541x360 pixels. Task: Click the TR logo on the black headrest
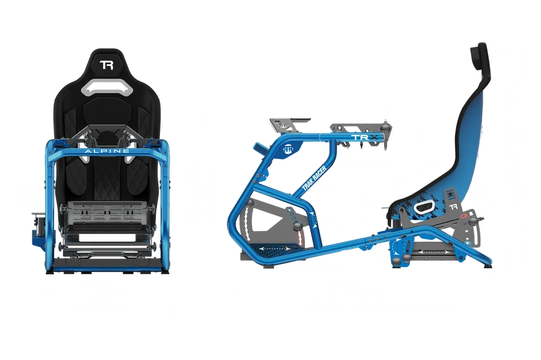106,65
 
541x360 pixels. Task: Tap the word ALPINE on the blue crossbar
107,151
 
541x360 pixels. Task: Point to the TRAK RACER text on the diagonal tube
314,178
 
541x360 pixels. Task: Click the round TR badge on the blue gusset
289,149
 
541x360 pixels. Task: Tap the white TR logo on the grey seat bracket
454,207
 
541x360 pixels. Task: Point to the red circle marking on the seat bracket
463,217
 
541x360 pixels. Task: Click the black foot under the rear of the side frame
488,266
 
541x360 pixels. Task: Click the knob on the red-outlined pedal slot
298,226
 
